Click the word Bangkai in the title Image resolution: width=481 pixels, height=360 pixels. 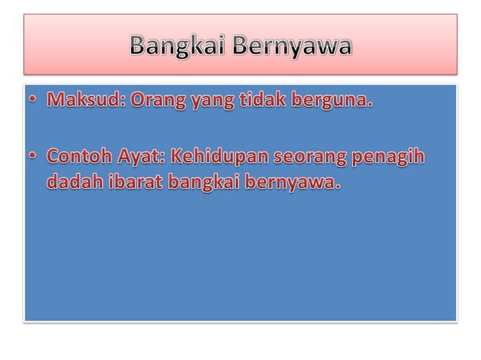point(177,46)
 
